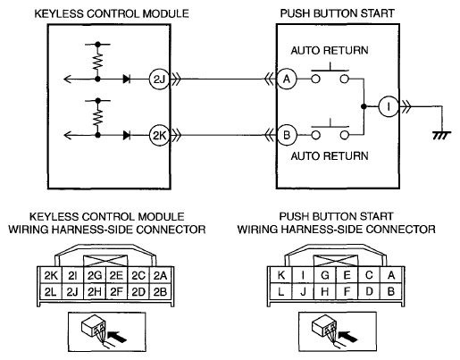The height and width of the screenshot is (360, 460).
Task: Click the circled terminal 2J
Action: (x=159, y=80)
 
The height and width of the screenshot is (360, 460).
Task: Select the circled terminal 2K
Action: (x=159, y=136)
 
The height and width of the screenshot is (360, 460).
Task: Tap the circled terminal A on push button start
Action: (x=287, y=80)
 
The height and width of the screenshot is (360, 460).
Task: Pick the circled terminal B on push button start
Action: (x=287, y=136)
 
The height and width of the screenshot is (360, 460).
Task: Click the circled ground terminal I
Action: (x=389, y=106)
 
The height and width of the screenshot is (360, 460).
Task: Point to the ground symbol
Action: (x=442, y=135)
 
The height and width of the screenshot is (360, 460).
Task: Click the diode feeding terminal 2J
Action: (x=127, y=80)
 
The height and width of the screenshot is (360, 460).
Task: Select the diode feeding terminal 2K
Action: (x=127, y=136)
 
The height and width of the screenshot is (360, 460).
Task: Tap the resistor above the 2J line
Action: (x=97, y=62)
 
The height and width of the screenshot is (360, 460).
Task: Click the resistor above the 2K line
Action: (x=97, y=118)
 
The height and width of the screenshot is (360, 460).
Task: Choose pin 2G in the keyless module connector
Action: (x=95, y=276)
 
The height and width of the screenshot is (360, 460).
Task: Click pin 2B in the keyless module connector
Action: (x=160, y=292)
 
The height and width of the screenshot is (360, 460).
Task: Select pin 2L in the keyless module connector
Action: (x=51, y=292)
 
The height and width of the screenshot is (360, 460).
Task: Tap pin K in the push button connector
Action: (x=280, y=275)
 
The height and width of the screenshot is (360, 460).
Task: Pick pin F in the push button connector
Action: (x=347, y=291)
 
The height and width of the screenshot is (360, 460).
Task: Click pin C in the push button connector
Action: (x=369, y=275)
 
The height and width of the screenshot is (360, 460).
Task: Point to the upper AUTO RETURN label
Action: (x=330, y=50)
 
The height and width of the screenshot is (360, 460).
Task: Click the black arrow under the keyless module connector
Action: (x=117, y=337)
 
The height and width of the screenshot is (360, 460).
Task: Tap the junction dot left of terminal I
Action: (x=364, y=106)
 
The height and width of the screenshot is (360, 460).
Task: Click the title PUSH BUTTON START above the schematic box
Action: (x=337, y=13)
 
